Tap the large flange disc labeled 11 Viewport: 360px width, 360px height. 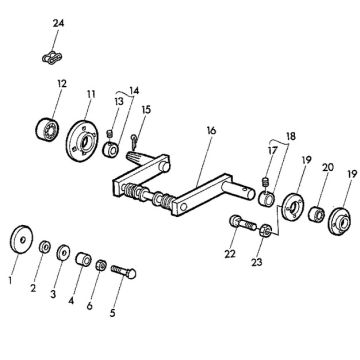(x=82, y=141)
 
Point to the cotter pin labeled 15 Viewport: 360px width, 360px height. (x=135, y=139)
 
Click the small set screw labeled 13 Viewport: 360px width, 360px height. (x=108, y=134)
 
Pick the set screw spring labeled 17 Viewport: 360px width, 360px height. (x=266, y=182)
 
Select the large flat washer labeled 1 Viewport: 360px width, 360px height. (x=21, y=240)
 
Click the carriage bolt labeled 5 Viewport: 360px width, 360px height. (x=123, y=271)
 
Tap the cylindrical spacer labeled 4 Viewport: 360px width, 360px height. (x=83, y=259)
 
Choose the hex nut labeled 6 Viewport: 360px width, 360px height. (x=101, y=265)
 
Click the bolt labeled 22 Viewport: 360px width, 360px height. (x=243, y=223)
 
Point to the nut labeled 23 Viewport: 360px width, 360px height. (x=264, y=230)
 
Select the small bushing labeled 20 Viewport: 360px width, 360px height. (x=316, y=214)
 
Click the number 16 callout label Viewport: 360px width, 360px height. (x=211, y=131)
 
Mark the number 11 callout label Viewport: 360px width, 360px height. (x=91, y=94)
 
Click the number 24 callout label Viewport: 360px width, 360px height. (x=58, y=23)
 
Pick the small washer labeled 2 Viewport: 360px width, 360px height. (x=44, y=248)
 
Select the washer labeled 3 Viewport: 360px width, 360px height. (x=63, y=252)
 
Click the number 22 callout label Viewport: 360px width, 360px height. (x=230, y=254)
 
